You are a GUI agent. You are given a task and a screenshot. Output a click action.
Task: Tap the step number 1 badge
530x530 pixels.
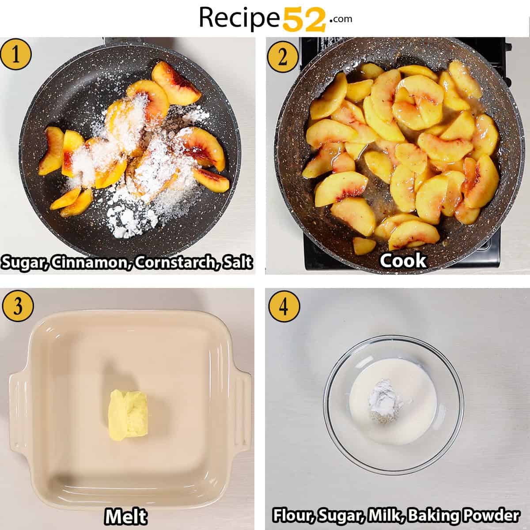coord(16,56)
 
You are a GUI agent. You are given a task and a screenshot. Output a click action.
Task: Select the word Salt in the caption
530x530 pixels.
coord(237,262)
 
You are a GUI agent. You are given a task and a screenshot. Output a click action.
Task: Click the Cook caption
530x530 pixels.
coord(403,261)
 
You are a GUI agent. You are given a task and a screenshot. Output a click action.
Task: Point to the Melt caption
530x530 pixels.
coord(126,516)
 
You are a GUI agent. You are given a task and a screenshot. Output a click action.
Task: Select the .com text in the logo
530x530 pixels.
coord(340,19)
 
